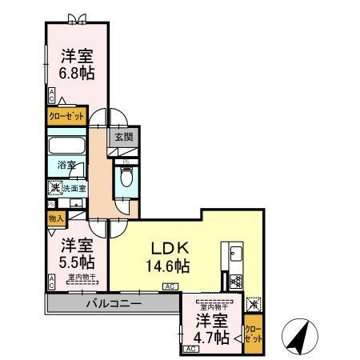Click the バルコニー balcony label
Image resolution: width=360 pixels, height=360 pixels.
[114, 305]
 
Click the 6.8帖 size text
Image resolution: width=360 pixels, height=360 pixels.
[77, 74]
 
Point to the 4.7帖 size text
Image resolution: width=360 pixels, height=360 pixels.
[212, 338]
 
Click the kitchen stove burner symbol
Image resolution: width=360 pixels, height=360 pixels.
[236, 281]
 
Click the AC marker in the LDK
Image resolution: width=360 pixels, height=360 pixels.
[170, 286]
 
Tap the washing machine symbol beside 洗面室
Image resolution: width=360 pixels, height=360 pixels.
[54, 189]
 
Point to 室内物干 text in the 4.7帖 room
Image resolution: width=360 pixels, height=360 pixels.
[214, 307]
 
